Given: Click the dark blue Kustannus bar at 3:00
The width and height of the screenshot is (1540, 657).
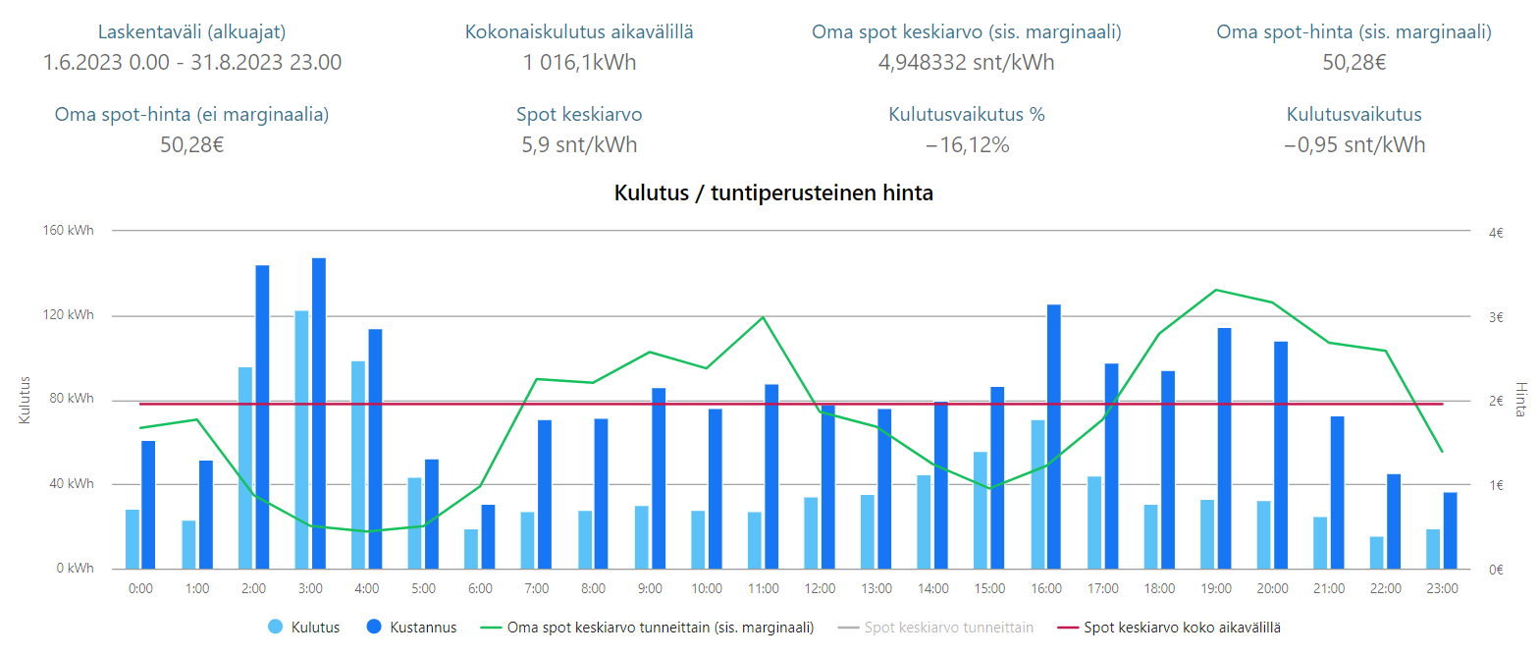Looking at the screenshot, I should click(319, 412).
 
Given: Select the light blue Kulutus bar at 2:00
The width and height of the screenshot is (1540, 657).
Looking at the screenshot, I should click(245, 467).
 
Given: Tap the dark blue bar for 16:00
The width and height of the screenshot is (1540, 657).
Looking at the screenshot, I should click(1054, 436).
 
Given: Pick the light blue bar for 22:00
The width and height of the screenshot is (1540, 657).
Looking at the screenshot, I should click(1376, 553).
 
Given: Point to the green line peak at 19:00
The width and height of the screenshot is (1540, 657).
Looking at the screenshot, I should click(1216, 290).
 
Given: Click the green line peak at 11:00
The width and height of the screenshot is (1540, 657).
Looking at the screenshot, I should click(764, 317).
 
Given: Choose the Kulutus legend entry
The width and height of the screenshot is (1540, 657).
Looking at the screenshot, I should click(304, 628).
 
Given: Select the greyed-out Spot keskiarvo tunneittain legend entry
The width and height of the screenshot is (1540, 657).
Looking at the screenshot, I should click(936, 628).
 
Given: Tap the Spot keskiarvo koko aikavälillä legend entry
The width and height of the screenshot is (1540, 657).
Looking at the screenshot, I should click(1170, 628).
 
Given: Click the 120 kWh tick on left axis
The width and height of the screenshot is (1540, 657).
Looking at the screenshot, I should click(69, 315).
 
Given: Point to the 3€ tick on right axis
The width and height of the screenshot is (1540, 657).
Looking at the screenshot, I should click(1496, 317).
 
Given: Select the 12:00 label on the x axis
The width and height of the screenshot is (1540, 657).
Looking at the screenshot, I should click(820, 588).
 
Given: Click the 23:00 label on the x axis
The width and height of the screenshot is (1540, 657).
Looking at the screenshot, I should click(1442, 588).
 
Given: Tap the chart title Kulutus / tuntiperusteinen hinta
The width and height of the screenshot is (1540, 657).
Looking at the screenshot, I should click(773, 192).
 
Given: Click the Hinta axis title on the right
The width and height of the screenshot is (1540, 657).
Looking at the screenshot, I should click(1520, 400).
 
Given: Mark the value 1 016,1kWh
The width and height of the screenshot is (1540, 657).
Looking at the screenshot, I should click(579, 63).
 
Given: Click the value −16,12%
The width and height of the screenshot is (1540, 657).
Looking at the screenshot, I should click(967, 145).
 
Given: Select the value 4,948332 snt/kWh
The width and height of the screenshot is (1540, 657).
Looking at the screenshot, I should click(966, 63).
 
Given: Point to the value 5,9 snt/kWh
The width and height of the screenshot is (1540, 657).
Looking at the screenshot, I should click(579, 145).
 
